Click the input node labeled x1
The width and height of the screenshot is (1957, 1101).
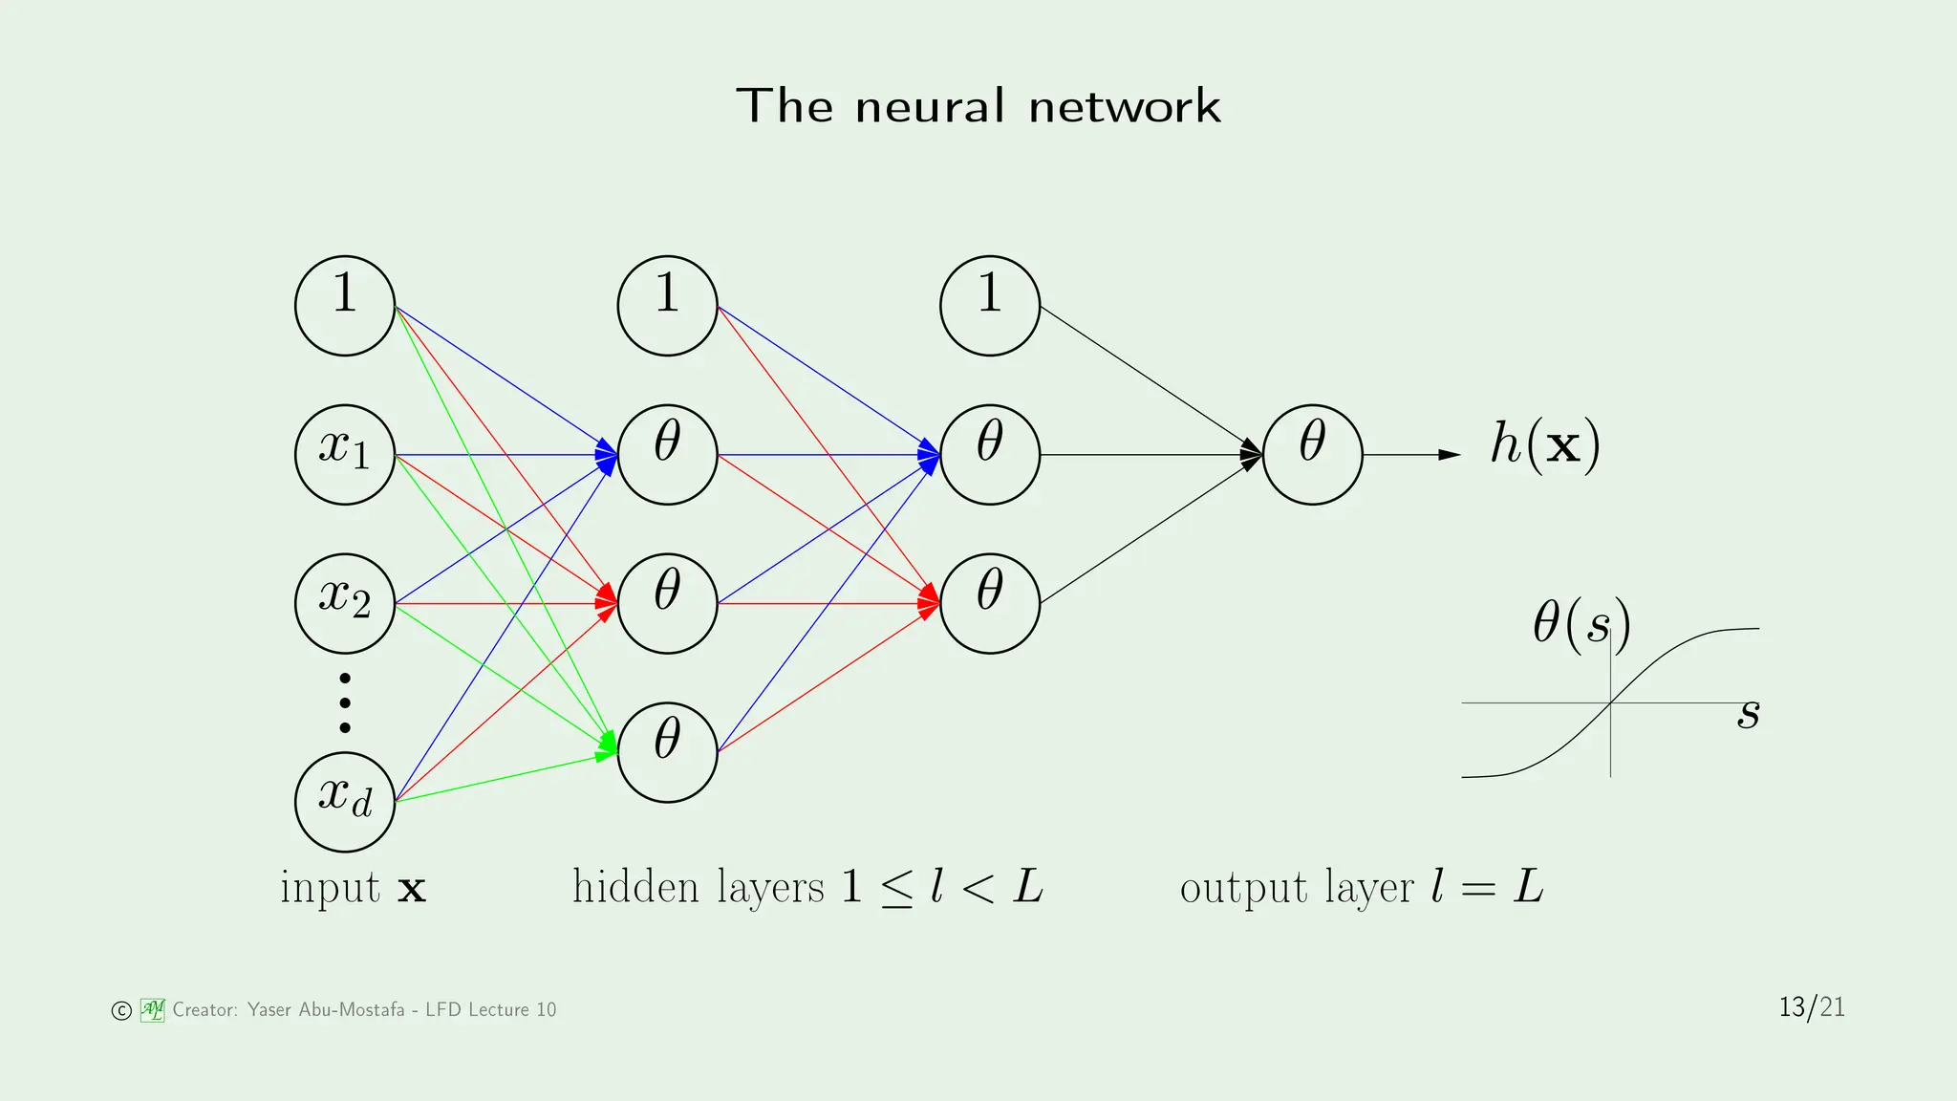[x=345, y=455]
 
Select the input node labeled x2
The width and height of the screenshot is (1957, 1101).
[x=345, y=604]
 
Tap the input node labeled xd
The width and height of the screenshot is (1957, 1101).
[x=345, y=802]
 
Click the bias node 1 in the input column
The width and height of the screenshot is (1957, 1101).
[x=345, y=306]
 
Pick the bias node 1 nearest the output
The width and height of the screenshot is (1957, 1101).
[x=990, y=306]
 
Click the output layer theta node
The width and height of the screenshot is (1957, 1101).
[x=1312, y=455]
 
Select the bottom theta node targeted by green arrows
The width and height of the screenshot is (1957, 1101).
[x=667, y=752]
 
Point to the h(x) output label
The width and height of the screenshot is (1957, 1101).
[x=1544, y=445]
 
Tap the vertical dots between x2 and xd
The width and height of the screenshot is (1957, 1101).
[x=345, y=703]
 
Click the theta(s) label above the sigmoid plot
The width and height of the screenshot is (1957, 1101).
[x=1581, y=624]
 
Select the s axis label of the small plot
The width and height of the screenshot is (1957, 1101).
[x=1748, y=713]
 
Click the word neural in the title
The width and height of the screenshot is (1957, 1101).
[x=931, y=106]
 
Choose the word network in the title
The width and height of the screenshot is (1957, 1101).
[x=1125, y=106]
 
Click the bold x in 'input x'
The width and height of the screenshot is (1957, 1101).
[x=412, y=890]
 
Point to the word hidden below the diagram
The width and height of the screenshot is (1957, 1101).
[x=635, y=887]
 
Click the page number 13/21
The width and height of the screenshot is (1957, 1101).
[x=1811, y=1007]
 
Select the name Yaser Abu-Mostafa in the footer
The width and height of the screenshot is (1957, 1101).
[x=326, y=1010]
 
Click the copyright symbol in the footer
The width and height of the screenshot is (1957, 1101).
[x=121, y=1011]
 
